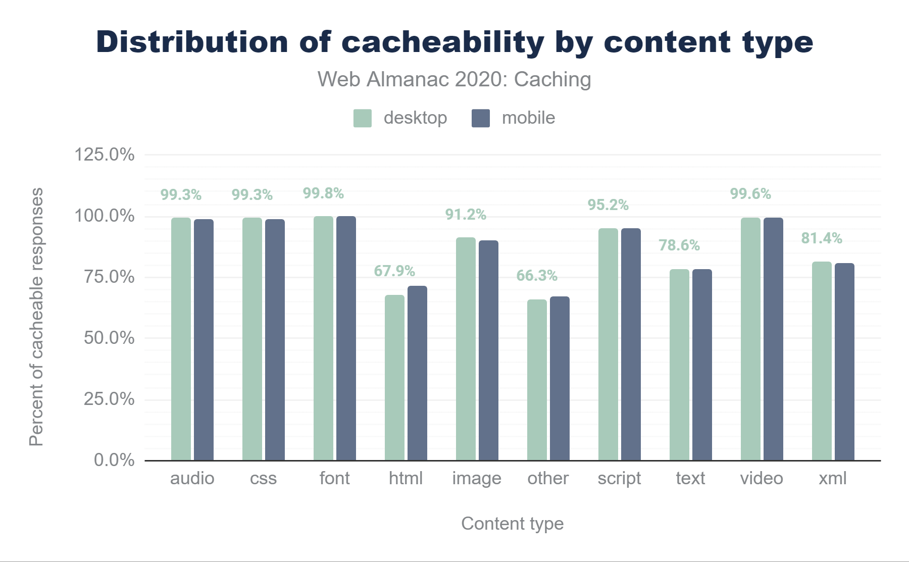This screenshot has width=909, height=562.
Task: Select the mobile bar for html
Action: tap(417, 373)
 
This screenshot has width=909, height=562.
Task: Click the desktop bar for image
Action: tap(466, 349)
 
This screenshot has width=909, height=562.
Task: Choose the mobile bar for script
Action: tap(631, 344)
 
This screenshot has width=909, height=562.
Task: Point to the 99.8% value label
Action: tap(323, 193)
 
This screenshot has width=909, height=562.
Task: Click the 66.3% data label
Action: tap(537, 276)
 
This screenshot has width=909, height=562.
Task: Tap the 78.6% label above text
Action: tap(679, 245)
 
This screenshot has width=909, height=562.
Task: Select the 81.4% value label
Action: tap(822, 238)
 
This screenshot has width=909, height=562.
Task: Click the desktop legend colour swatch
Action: tap(363, 118)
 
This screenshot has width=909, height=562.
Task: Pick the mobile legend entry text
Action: tap(528, 118)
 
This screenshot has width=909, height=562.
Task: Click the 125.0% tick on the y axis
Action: tap(105, 155)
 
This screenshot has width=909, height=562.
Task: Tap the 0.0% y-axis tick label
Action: tap(114, 460)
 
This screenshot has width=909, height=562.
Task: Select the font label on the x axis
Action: tap(334, 478)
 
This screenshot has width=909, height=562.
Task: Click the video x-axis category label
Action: tap(762, 478)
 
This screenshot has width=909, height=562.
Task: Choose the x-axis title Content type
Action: tap(512, 524)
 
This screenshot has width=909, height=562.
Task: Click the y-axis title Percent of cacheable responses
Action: tap(36, 317)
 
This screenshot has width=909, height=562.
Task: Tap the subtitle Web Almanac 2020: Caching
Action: tap(454, 80)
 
